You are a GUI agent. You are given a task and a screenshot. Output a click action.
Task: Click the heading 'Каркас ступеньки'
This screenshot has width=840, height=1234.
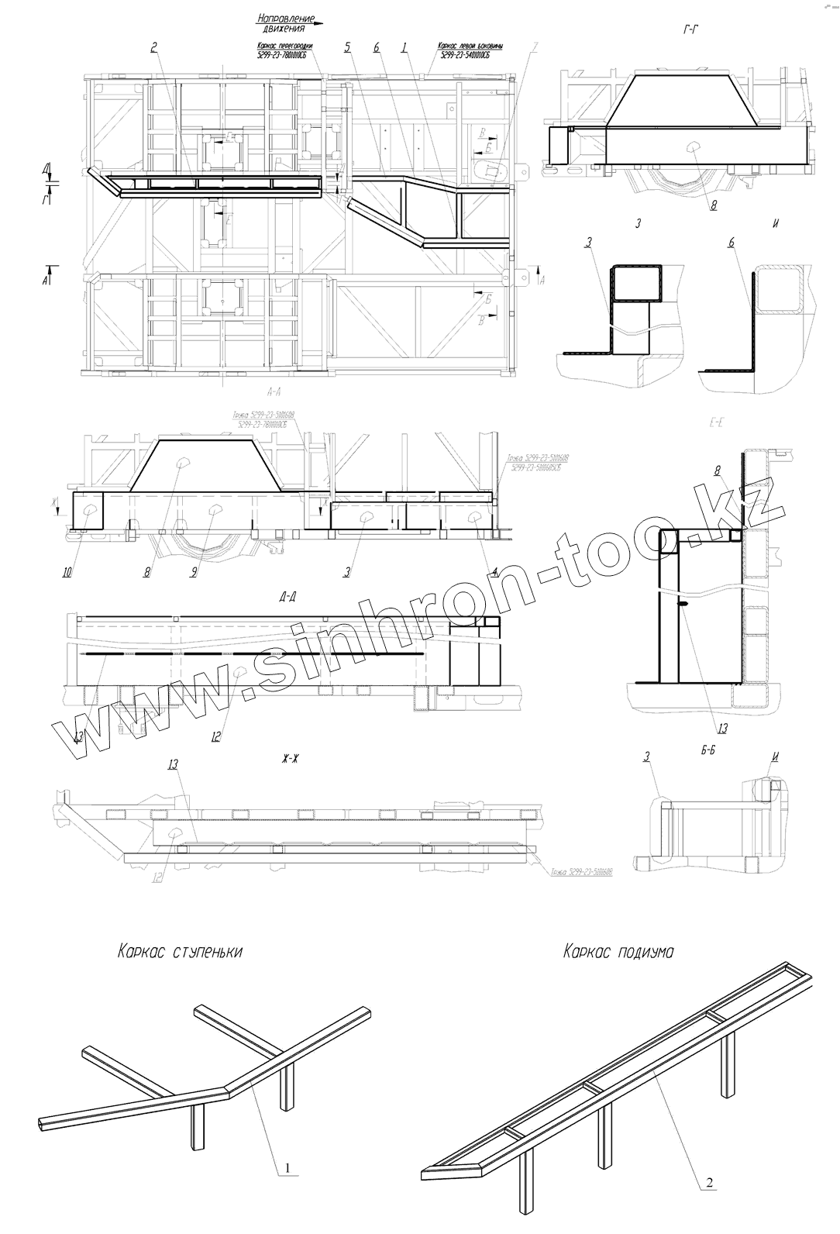pyautogui.click(x=180, y=951)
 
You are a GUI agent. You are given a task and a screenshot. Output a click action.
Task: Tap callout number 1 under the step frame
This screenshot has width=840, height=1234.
pyautogui.click(x=288, y=1167)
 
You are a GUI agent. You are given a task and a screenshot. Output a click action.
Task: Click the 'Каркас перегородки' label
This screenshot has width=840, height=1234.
pyautogui.click(x=284, y=45)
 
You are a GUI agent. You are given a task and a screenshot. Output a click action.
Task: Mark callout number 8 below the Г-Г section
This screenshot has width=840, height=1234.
pyautogui.click(x=714, y=206)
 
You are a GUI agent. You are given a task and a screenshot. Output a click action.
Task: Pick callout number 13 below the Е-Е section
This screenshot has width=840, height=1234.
pyautogui.click(x=722, y=728)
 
